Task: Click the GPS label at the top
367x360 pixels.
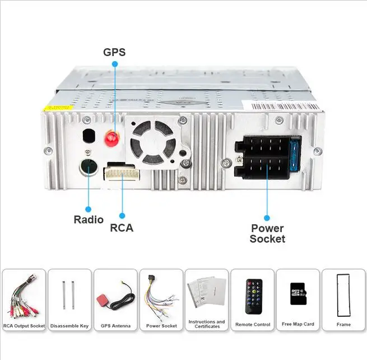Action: pyautogui.click(x=114, y=52)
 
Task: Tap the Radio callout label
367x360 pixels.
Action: pyautogui.click(x=89, y=219)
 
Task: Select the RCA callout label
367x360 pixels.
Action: pyautogui.click(x=122, y=228)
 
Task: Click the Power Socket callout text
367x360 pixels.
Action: pyautogui.click(x=267, y=233)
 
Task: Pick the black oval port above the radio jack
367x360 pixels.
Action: pyautogui.click(x=88, y=137)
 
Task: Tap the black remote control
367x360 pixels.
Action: pyautogui.click(x=252, y=296)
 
